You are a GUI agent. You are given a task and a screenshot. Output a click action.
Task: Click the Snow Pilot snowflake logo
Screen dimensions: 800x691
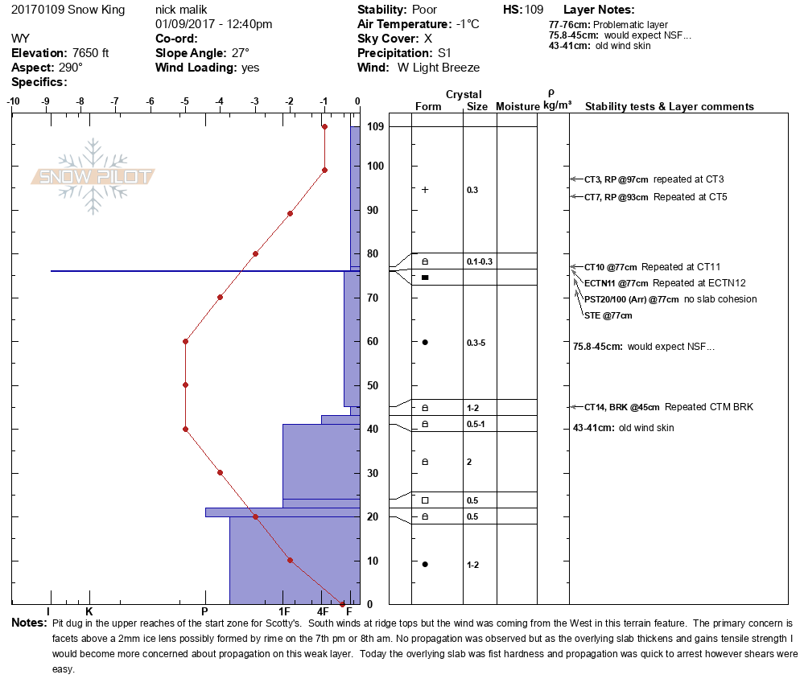(x=93, y=176)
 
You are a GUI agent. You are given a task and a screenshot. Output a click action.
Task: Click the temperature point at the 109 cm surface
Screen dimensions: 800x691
(x=324, y=126)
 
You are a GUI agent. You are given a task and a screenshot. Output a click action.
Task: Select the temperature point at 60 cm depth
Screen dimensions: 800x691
(x=186, y=341)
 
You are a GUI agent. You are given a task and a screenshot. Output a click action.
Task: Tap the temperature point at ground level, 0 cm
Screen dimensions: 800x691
(x=342, y=604)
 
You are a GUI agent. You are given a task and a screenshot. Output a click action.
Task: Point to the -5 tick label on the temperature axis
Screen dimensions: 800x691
(x=184, y=101)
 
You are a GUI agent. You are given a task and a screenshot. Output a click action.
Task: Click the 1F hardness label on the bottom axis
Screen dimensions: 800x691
(x=284, y=611)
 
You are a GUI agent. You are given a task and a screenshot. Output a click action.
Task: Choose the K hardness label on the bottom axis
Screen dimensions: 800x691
(x=89, y=611)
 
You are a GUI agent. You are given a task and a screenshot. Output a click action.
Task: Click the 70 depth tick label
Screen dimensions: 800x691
(x=373, y=298)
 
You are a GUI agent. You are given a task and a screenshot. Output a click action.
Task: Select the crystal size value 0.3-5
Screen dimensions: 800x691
(x=476, y=343)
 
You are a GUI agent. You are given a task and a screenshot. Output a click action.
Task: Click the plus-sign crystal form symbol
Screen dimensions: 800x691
(x=425, y=190)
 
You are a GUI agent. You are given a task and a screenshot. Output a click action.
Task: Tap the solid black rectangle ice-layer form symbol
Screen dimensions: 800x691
(x=425, y=278)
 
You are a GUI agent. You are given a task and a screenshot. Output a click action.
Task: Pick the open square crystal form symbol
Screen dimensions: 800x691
(x=425, y=500)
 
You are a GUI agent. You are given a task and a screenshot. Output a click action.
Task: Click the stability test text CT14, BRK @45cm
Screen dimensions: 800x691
(x=622, y=407)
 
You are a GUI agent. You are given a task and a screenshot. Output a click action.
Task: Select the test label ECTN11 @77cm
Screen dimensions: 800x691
(x=616, y=283)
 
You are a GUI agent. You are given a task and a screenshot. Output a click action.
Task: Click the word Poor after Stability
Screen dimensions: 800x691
(x=424, y=10)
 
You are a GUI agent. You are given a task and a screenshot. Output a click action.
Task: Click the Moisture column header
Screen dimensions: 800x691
(x=518, y=106)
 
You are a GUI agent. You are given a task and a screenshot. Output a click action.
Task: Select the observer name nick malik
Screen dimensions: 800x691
(x=181, y=10)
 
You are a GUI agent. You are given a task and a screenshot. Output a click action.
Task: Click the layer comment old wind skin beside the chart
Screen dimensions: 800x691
(x=646, y=428)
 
